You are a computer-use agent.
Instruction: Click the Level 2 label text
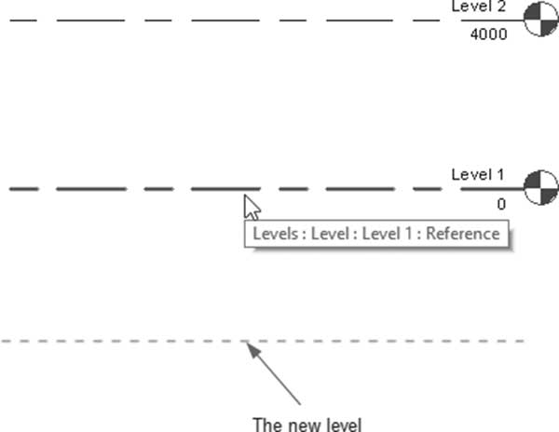479,7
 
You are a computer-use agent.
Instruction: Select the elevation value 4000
489,34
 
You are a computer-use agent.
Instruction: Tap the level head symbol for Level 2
540,20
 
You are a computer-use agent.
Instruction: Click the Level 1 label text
478,174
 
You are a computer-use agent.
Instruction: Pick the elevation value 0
501,204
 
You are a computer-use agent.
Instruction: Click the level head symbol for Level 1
540,188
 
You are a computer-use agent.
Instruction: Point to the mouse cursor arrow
252,208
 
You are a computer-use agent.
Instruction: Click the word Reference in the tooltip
463,234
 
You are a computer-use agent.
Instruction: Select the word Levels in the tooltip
275,234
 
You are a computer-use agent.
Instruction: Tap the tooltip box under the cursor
376,234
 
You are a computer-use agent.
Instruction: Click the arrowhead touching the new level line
253,350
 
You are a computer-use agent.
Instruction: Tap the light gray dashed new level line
263,341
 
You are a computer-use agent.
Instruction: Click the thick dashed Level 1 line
226,189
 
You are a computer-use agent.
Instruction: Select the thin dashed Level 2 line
225,20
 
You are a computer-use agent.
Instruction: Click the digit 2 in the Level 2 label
501,7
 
